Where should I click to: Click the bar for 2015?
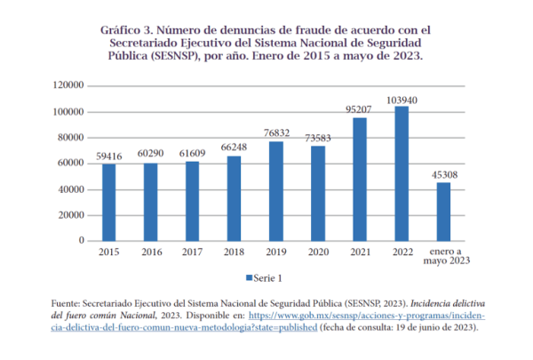(108, 202)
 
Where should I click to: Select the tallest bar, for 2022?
(402, 173)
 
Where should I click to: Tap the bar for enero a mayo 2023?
(443, 212)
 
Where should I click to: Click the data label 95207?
(360, 110)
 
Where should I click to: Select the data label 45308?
(443, 174)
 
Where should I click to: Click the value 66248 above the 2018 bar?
(234, 148)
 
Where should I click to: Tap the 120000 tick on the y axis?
(68, 85)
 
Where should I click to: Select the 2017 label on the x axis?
(192, 252)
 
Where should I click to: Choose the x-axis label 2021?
(360, 252)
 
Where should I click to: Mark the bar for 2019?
(276, 191)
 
